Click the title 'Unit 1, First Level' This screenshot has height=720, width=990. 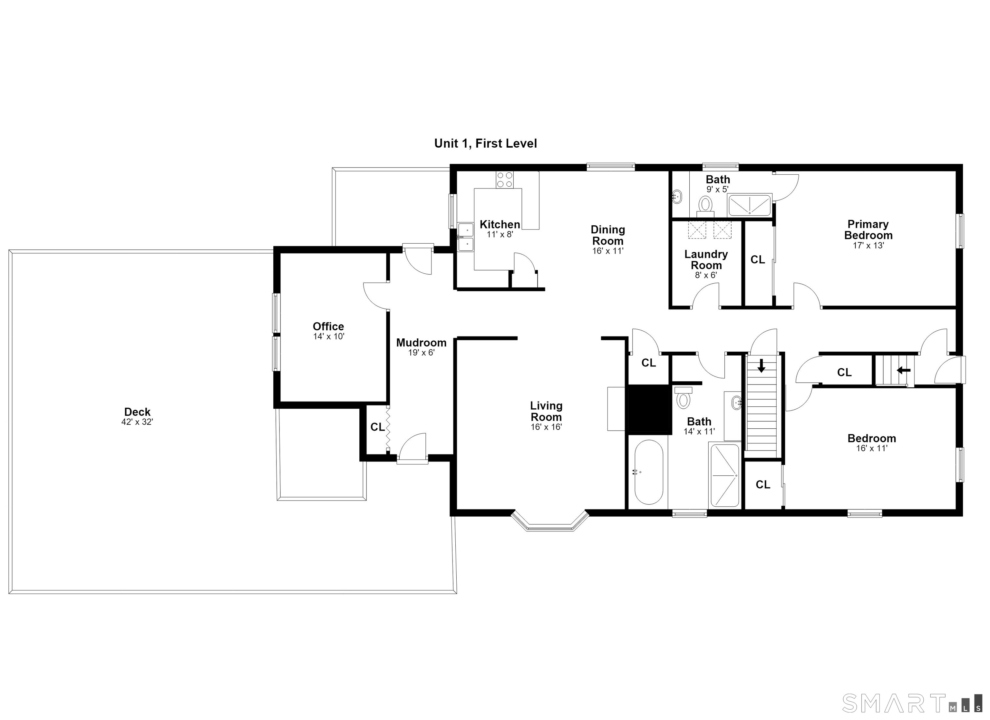pyautogui.click(x=485, y=143)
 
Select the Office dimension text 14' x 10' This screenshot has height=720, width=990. pyautogui.click(x=329, y=337)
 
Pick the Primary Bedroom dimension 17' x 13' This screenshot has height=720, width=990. pyautogui.click(x=868, y=245)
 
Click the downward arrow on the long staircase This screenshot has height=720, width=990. pyautogui.click(x=761, y=365)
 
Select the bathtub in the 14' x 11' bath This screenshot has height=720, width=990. pyautogui.click(x=649, y=472)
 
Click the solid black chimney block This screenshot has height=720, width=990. pyautogui.click(x=649, y=409)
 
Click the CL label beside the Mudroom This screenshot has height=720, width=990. pyautogui.click(x=378, y=427)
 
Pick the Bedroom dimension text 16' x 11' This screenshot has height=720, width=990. pyautogui.click(x=872, y=448)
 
